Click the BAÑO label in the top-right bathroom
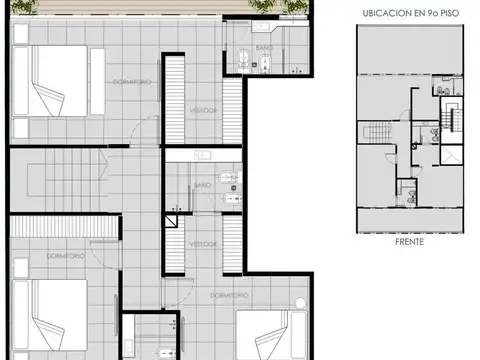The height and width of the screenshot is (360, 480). (x=264, y=47)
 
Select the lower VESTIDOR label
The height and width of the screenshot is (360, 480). (x=204, y=243)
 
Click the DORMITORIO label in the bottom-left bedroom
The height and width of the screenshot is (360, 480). (x=66, y=257)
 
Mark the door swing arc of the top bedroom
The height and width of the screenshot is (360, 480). (x=146, y=128)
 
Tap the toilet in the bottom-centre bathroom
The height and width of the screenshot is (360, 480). (x=163, y=351)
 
